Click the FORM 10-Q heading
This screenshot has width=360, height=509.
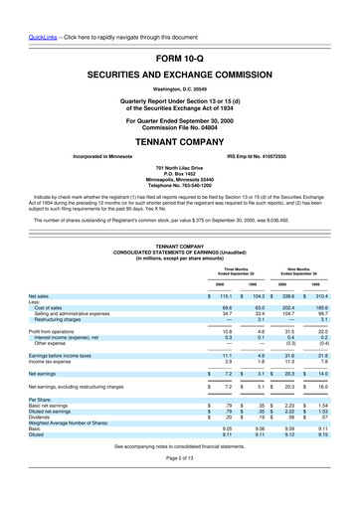coord(180,59)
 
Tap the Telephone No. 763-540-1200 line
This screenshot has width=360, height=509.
coord(180,186)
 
